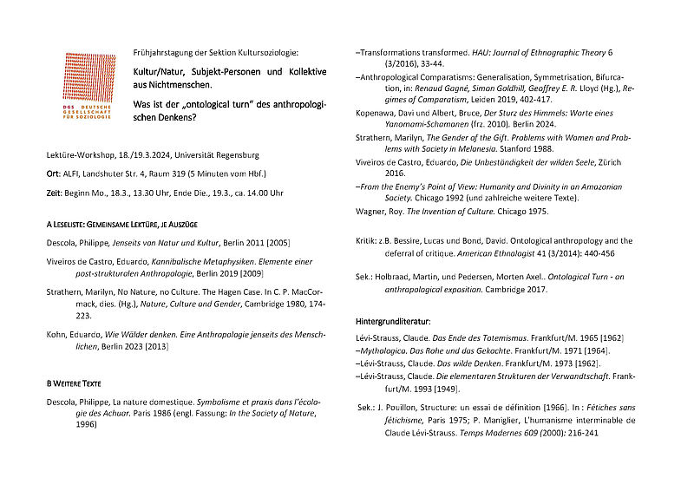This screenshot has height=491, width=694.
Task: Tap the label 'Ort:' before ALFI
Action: click(55, 173)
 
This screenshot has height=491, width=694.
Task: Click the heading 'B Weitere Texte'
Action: click(80, 382)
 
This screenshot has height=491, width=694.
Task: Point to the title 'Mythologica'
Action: click(390, 350)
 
